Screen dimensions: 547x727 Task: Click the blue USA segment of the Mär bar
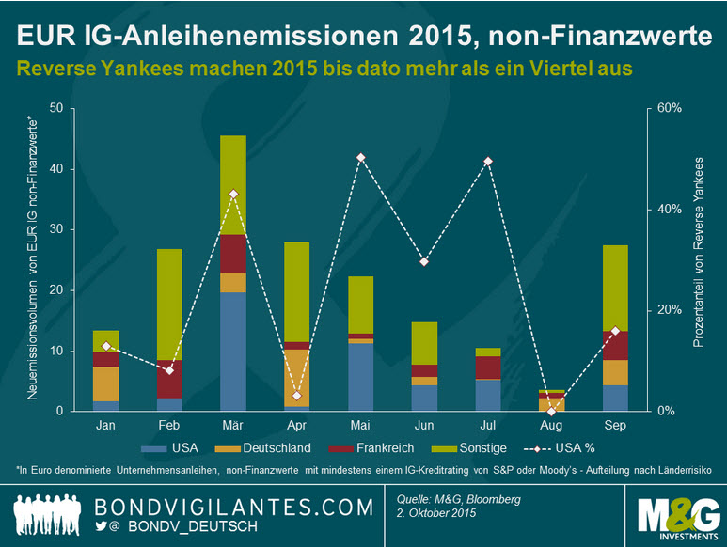232,352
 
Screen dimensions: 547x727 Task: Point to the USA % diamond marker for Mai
359,157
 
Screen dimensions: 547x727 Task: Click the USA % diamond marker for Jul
488,161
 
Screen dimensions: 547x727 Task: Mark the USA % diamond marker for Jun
424,261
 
